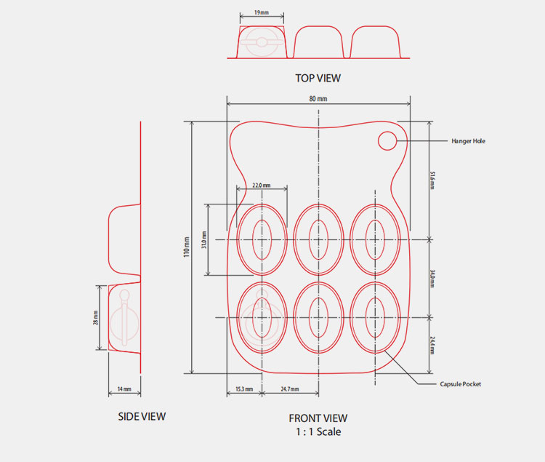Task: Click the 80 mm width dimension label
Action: pyautogui.click(x=318, y=98)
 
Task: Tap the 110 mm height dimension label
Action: pyautogui.click(x=186, y=247)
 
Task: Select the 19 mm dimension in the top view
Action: pyautogui.click(x=261, y=13)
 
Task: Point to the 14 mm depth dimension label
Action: pyautogui.click(x=124, y=390)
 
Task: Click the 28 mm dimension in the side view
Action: pyautogui.click(x=95, y=318)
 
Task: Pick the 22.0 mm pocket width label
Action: pyautogui.click(x=262, y=186)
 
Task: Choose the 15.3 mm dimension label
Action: pyautogui.click(x=244, y=390)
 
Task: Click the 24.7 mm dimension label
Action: pyautogui.click(x=290, y=390)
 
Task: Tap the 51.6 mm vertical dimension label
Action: pyautogui.click(x=432, y=180)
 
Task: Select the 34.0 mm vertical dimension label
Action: pyautogui.click(x=432, y=278)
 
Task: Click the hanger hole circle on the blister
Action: pyautogui.click(x=387, y=140)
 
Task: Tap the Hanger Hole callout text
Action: pyautogui.click(x=468, y=140)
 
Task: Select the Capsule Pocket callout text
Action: pyautogui.click(x=461, y=383)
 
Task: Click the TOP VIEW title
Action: pyautogui.click(x=318, y=78)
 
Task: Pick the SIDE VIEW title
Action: pyautogui.click(x=142, y=417)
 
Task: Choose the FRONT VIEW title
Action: pyautogui.click(x=318, y=418)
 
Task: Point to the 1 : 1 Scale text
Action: pyautogui.click(x=318, y=431)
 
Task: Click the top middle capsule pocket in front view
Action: pyautogui.click(x=318, y=238)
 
